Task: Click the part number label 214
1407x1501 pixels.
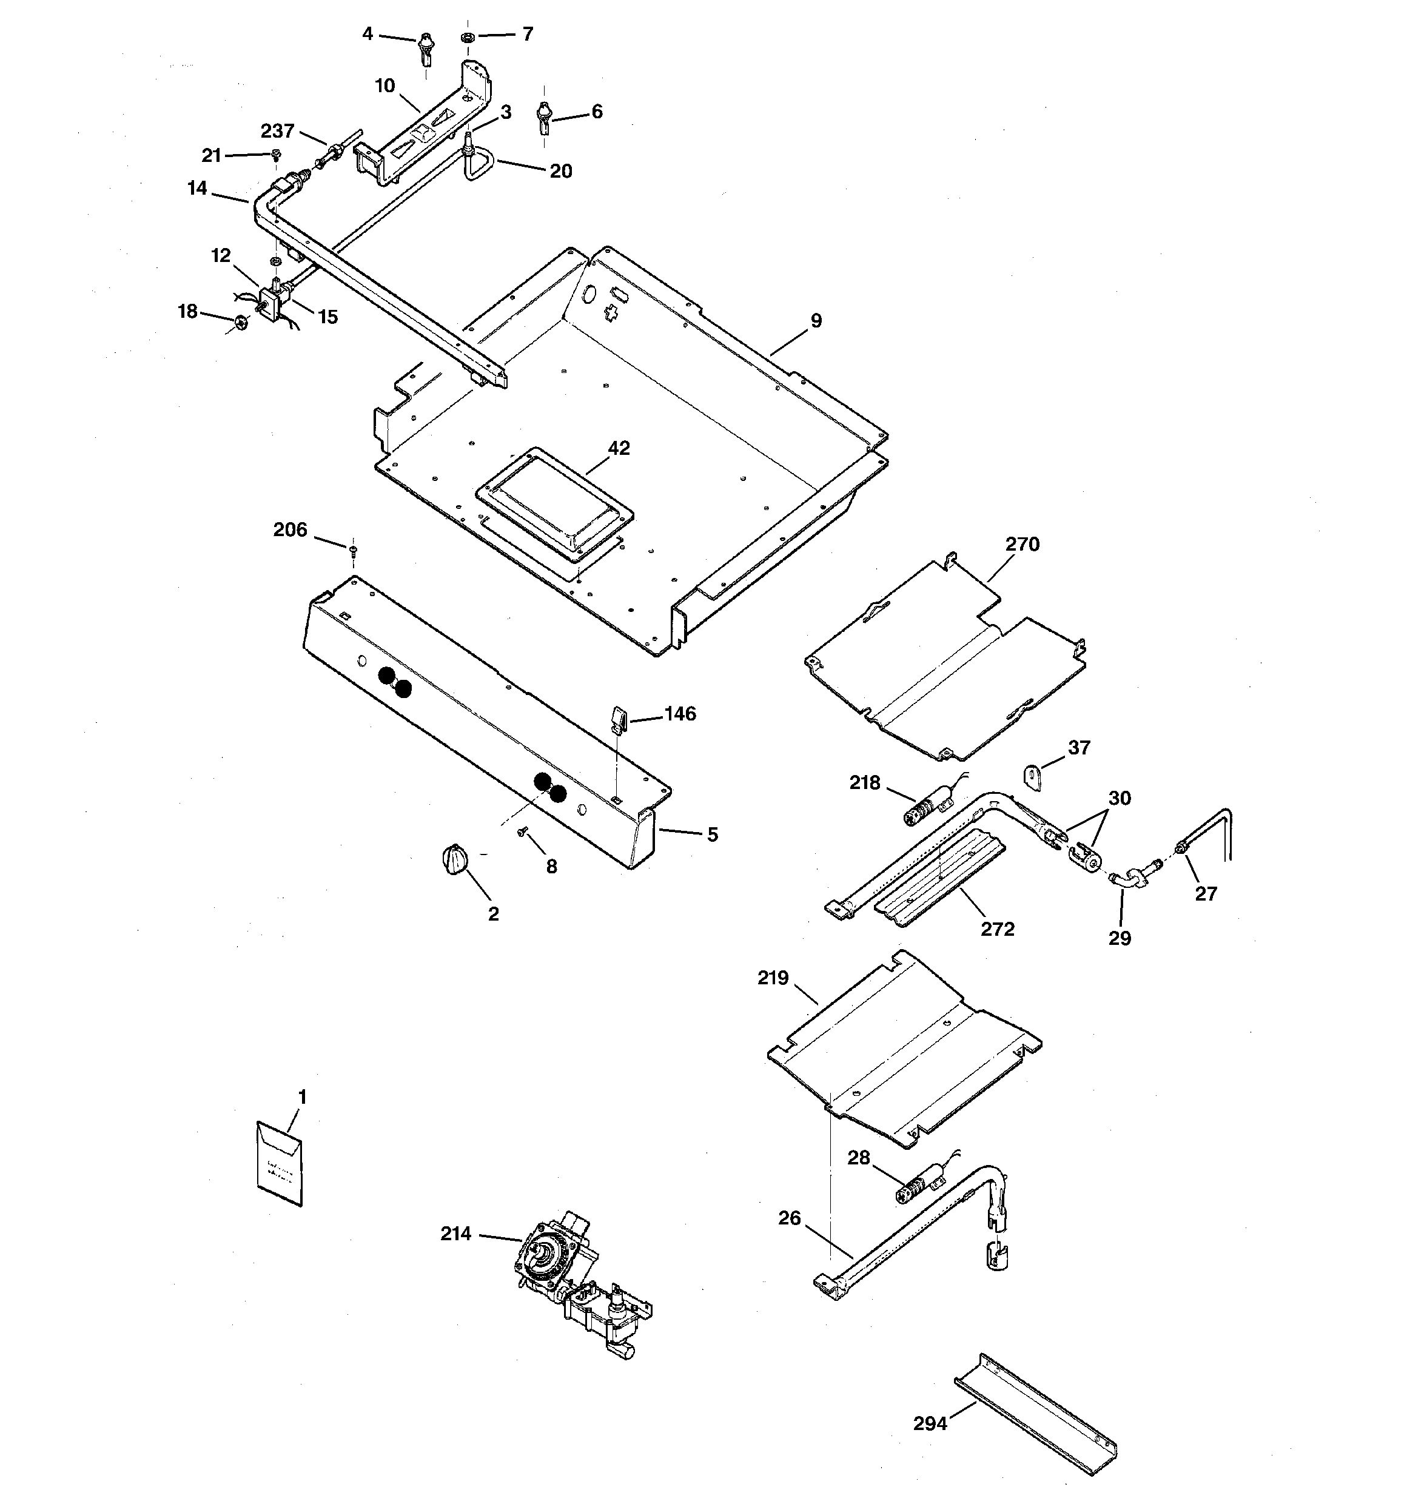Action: click(455, 1233)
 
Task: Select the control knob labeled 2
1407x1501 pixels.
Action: click(453, 860)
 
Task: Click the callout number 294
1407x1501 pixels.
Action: click(930, 1423)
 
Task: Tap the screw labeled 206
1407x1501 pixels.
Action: click(352, 549)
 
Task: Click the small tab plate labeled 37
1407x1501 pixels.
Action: click(1033, 777)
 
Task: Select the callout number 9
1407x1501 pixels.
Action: click(816, 320)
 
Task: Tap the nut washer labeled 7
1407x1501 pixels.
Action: click(467, 37)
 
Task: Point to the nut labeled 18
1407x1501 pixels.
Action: click(241, 323)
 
